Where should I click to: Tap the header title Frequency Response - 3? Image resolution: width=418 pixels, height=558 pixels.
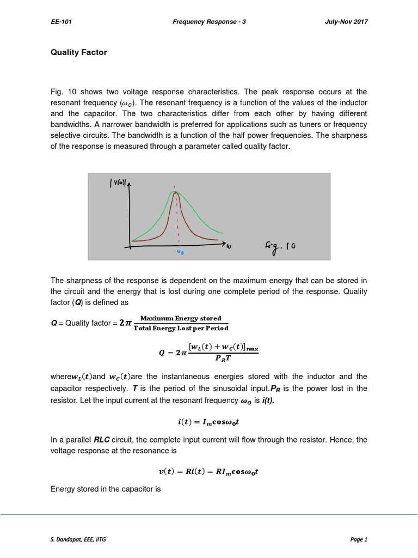(x=210, y=22)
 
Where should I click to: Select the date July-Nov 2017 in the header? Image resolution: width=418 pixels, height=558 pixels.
(x=346, y=22)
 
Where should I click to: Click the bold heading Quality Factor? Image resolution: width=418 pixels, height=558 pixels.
(x=79, y=52)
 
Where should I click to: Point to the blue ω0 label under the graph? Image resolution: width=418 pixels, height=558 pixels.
(x=180, y=252)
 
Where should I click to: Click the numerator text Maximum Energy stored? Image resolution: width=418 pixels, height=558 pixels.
(x=181, y=318)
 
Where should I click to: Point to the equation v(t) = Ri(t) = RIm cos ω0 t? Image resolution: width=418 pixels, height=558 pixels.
(x=209, y=472)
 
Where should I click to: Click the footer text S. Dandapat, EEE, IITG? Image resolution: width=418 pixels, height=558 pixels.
(x=79, y=539)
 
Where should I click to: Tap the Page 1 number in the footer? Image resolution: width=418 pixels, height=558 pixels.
(x=359, y=539)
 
